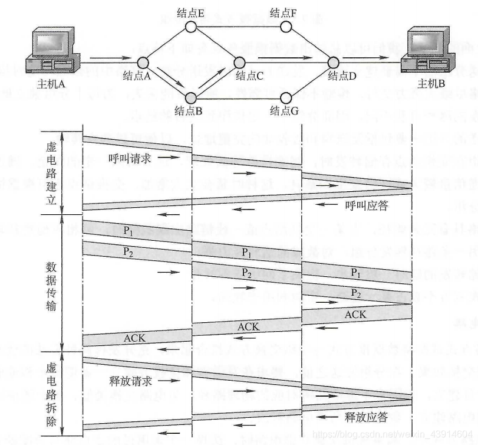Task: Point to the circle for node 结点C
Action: (x=239, y=61)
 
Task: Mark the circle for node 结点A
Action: (x=143, y=61)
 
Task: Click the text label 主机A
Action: (x=50, y=84)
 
